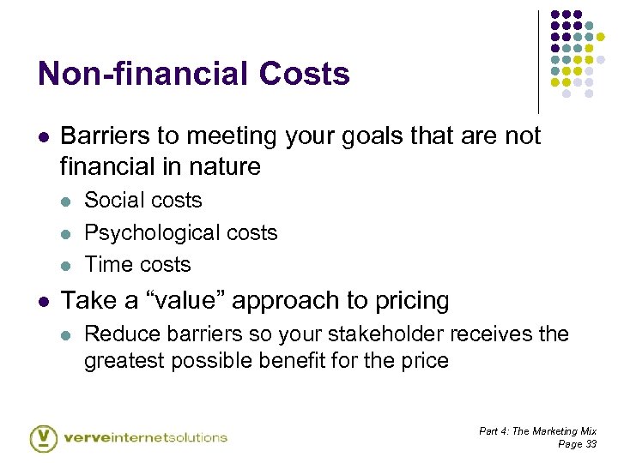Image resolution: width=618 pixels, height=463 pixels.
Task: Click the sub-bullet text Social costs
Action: click(142, 201)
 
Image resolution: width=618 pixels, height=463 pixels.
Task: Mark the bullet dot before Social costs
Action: click(66, 201)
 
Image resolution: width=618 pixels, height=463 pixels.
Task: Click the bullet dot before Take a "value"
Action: click(43, 301)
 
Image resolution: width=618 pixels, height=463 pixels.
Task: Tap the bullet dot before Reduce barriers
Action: click(66, 334)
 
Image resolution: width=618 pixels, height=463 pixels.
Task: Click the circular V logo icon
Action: click(44, 437)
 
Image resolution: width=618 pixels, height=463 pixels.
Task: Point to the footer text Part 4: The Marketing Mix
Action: click(537, 430)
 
